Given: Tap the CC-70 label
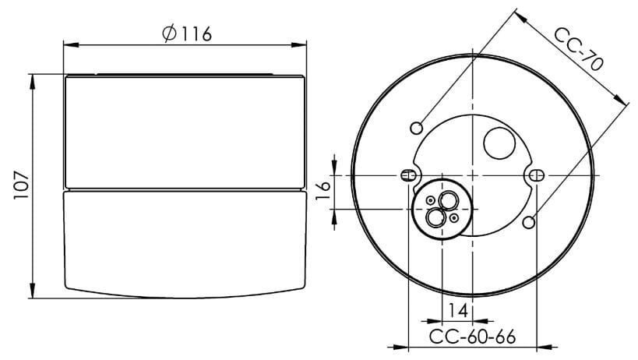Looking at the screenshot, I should point(578,50).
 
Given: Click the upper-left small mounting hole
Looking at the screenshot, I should point(418,127).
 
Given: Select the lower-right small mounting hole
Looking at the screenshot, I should point(529,223).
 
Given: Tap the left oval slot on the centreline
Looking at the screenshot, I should point(406,176).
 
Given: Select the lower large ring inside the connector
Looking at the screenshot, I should point(434,217).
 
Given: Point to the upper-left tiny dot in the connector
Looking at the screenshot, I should point(430,199).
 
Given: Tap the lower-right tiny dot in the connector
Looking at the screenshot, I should point(453,219).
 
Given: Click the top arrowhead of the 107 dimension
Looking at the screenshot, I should point(33,78).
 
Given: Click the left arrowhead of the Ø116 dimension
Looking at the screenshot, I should point(68,45).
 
